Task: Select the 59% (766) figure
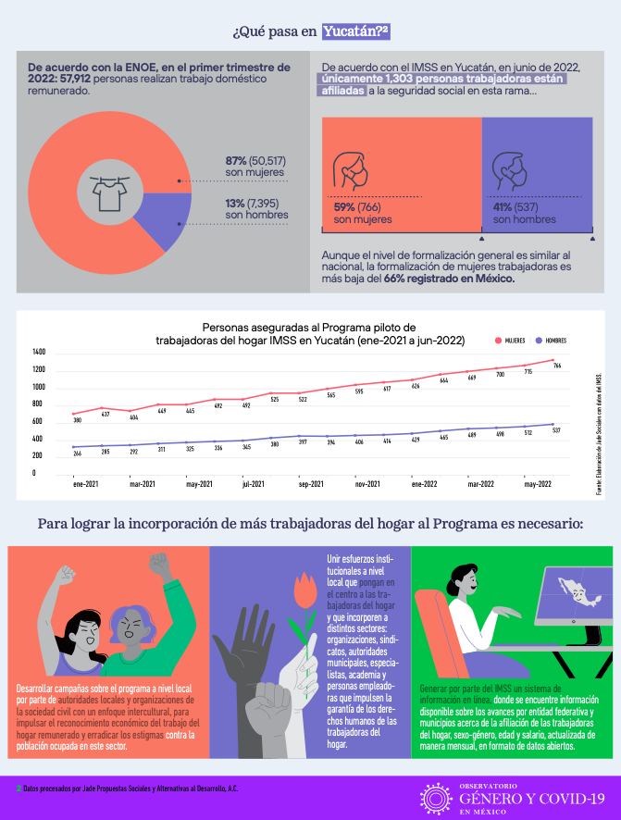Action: (356, 207)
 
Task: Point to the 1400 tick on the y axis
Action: (38, 353)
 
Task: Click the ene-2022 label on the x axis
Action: (425, 483)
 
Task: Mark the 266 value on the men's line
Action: (78, 453)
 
